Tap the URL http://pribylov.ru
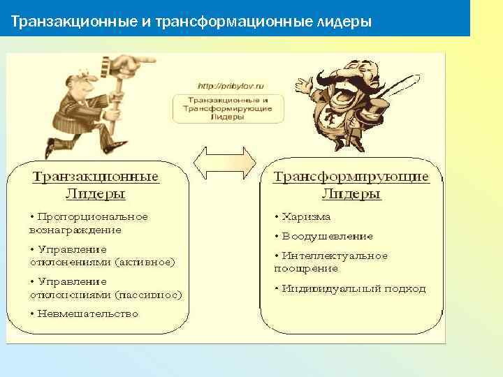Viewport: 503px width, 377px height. (230, 85)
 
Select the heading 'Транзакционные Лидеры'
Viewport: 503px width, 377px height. (96, 185)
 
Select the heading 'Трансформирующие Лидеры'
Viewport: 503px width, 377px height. (351, 185)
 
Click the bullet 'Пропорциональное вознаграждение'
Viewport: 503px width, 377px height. (88, 223)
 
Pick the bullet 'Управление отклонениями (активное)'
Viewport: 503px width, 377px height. (102, 256)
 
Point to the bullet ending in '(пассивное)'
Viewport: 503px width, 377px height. (105, 288)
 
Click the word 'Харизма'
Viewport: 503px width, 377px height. (305, 217)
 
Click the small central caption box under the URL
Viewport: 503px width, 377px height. (228, 109)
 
